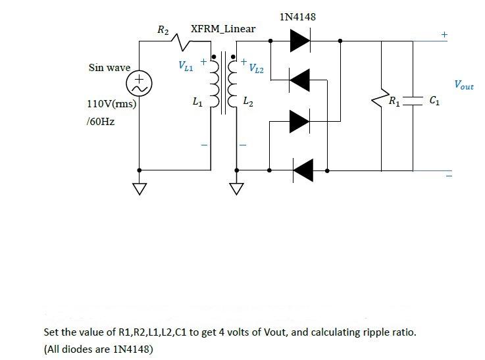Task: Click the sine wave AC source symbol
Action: pos(140,82)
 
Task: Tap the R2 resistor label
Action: pos(163,29)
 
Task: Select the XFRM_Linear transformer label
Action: pos(222,29)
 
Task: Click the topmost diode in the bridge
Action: pos(299,41)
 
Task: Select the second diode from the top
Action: pos(300,80)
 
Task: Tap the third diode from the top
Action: pos(299,121)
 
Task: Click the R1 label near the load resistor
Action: pos(393,101)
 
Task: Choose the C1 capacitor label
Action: pos(434,101)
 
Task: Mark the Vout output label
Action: pos(463,85)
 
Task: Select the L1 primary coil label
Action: pos(197,102)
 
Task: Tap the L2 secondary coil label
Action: pos(246,102)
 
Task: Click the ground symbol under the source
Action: pos(140,190)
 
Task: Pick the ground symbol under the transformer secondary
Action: pos(236,190)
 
